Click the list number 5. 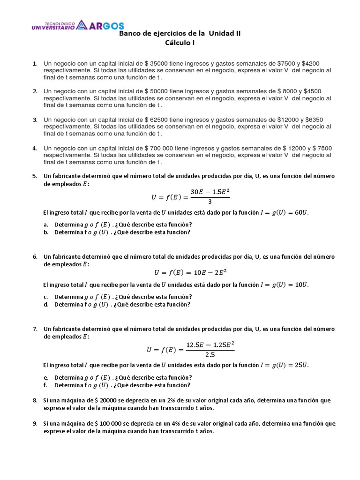pos(35,176)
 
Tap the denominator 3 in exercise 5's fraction pos(210,202)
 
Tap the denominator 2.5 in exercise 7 pos(210,354)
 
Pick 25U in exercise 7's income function pos(301,365)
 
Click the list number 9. pos(35,424)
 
